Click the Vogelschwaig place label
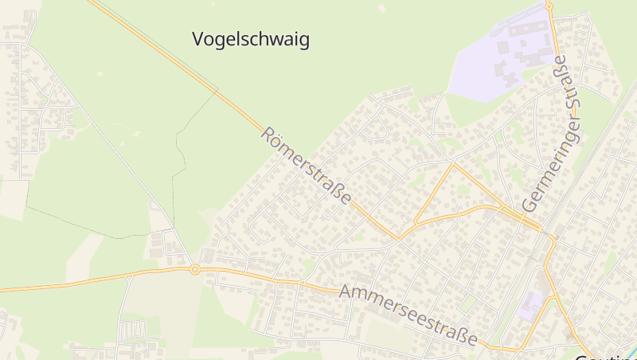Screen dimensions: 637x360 tap(251, 39)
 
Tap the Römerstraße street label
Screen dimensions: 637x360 tap(306, 166)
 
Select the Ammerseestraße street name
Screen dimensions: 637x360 tap(408, 314)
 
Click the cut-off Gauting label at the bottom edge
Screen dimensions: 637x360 tap(605, 355)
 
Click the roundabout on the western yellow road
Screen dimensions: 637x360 tap(194, 269)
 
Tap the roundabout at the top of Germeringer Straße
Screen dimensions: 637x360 tap(549, 6)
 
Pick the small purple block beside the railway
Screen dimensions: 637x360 tap(532, 304)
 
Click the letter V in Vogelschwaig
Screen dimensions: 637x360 tap(199, 39)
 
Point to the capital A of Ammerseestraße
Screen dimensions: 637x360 tap(346, 291)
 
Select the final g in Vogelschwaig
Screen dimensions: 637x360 tap(303, 41)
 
